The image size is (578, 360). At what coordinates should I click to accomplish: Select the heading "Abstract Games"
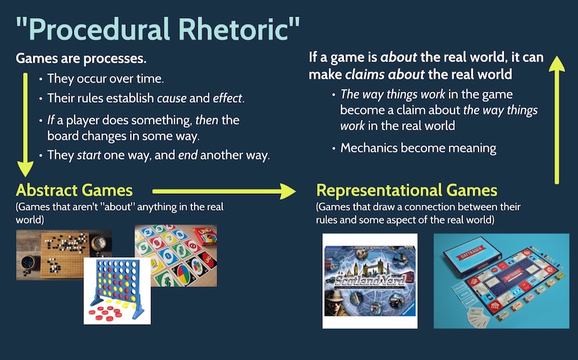(x=74, y=190)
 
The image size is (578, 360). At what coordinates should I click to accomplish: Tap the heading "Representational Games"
(x=407, y=190)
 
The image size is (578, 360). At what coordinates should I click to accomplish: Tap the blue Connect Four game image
(x=117, y=286)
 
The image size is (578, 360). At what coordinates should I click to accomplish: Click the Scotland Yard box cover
(x=370, y=280)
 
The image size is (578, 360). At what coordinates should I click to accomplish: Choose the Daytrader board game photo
(x=501, y=280)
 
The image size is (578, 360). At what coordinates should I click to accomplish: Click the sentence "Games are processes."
(x=81, y=59)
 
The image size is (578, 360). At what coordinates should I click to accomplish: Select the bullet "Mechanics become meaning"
(x=417, y=148)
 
